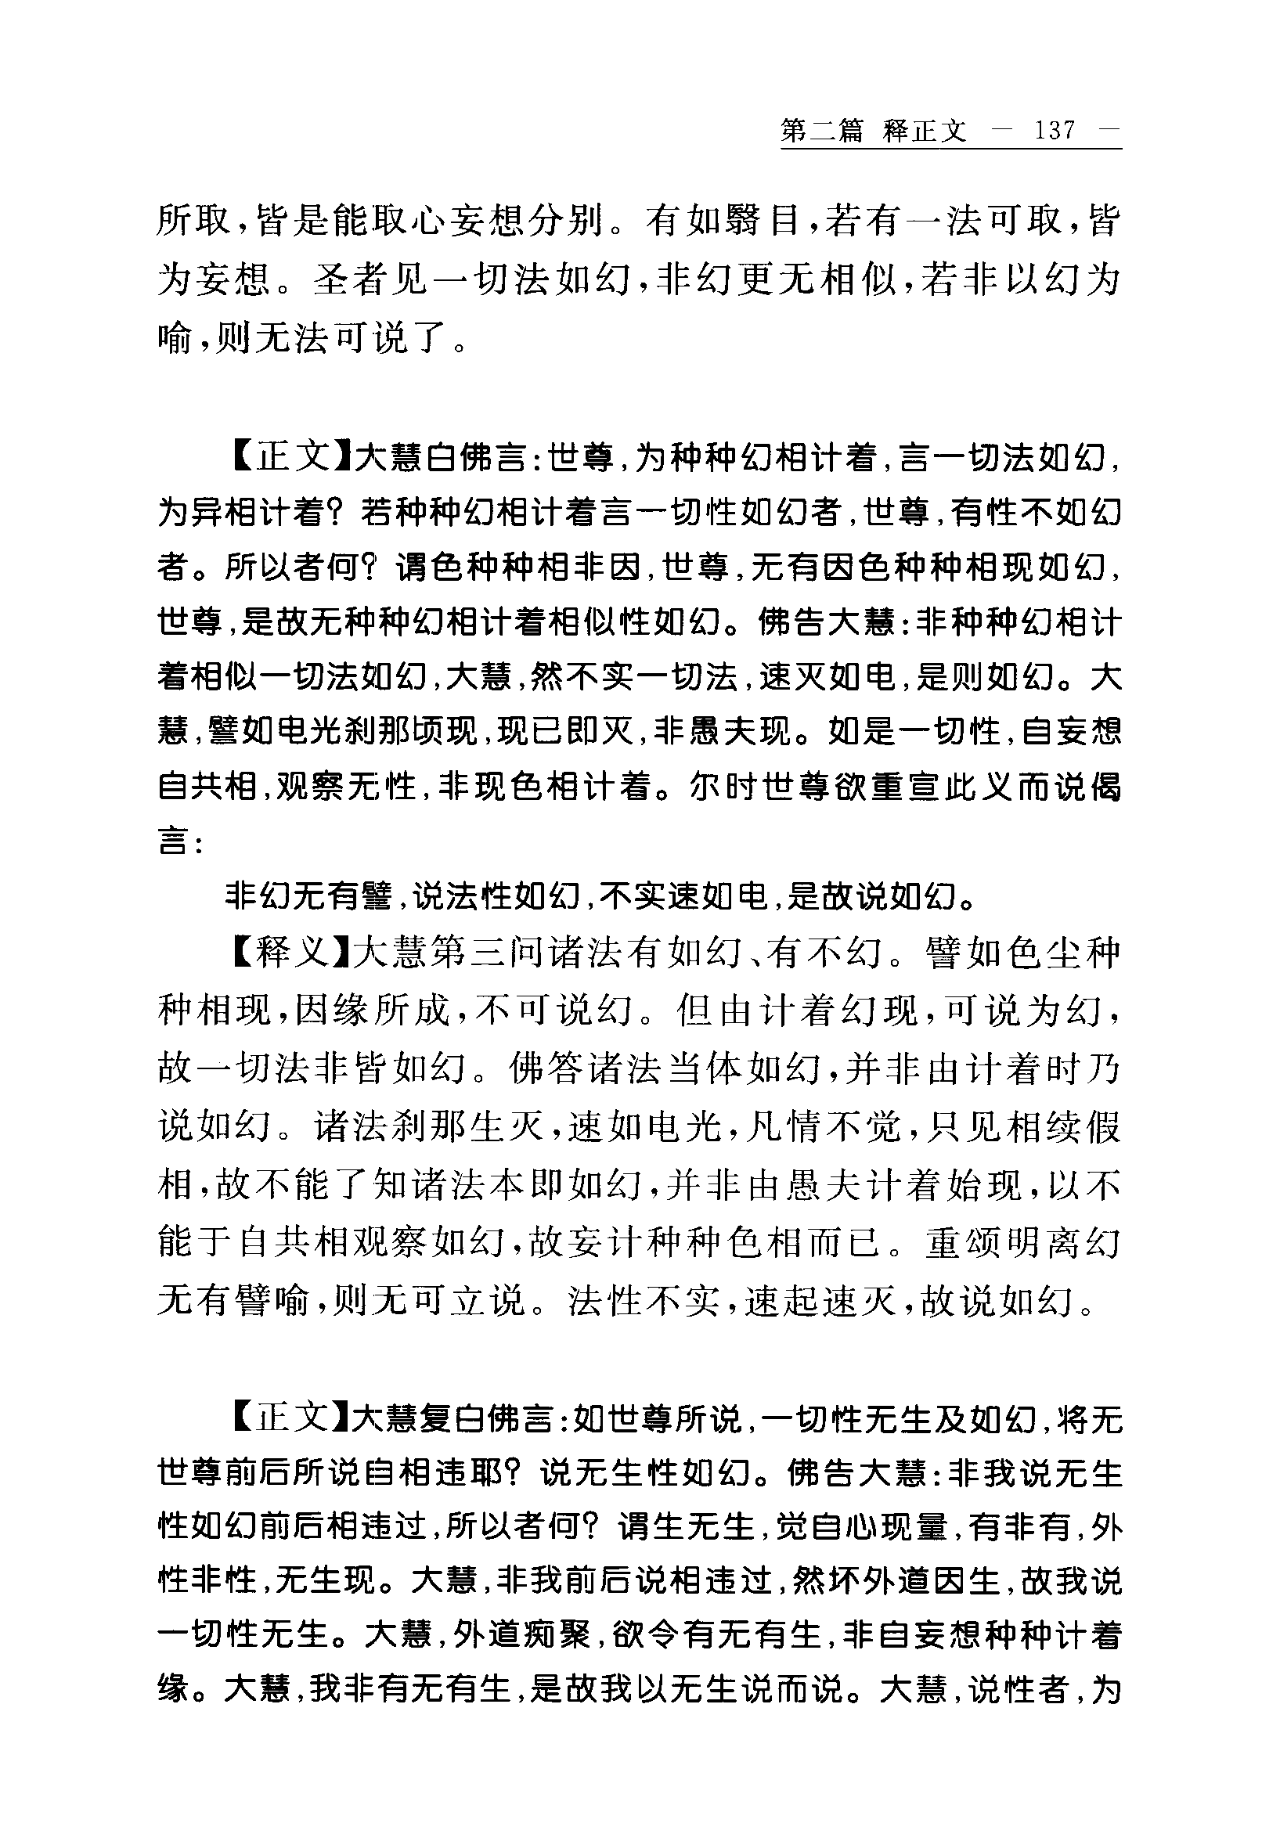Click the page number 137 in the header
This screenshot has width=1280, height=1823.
1055,130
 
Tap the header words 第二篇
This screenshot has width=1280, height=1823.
821,130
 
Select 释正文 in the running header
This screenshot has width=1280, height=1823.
925,130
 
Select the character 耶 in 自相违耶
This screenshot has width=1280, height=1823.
492,1475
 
